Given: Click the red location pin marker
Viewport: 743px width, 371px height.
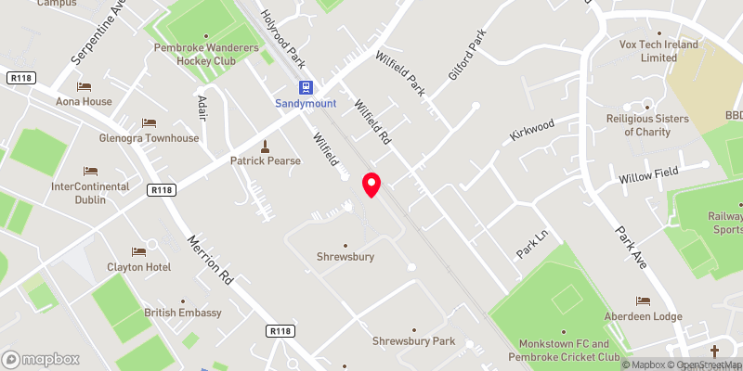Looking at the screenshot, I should [x=371, y=185].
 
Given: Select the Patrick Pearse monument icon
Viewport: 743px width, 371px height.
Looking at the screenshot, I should [x=266, y=146].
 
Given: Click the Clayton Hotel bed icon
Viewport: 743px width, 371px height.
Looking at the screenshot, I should [x=138, y=251].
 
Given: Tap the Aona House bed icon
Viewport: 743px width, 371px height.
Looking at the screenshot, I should [x=85, y=86].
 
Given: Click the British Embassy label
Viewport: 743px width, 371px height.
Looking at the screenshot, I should [x=183, y=313].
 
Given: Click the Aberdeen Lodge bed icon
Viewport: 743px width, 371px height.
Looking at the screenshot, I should [x=643, y=301].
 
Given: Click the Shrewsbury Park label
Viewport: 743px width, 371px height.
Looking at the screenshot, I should [x=413, y=340].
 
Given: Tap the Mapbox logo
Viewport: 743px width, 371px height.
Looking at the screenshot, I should [x=40, y=359].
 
